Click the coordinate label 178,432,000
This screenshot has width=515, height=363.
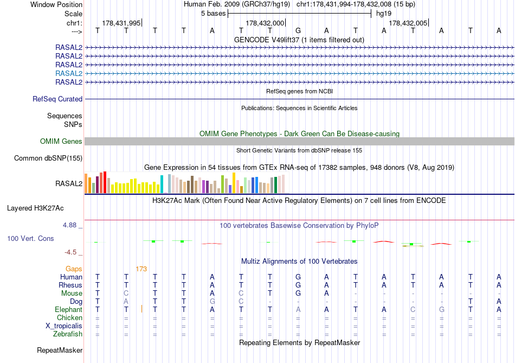pos(265,23)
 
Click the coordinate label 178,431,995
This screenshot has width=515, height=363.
pos(121,23)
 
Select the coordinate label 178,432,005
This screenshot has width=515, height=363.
pos(408,23)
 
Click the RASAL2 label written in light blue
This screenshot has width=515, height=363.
pos(69,73)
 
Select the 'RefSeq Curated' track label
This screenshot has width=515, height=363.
pos(57,99)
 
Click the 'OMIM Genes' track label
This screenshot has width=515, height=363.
pos(61,141)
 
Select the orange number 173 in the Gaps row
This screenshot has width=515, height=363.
pos(141,269)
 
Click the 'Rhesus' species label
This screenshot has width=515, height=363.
pos(70,285)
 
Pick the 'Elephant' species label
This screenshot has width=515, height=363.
pos(68,309)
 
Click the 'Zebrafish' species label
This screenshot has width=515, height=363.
pos(67,334)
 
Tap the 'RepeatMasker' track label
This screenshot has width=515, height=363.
pos(60,350)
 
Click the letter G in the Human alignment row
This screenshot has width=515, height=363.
pos(298,277)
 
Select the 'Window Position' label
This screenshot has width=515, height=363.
pos(56,4)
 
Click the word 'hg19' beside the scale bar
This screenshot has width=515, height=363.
pos(384,13)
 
